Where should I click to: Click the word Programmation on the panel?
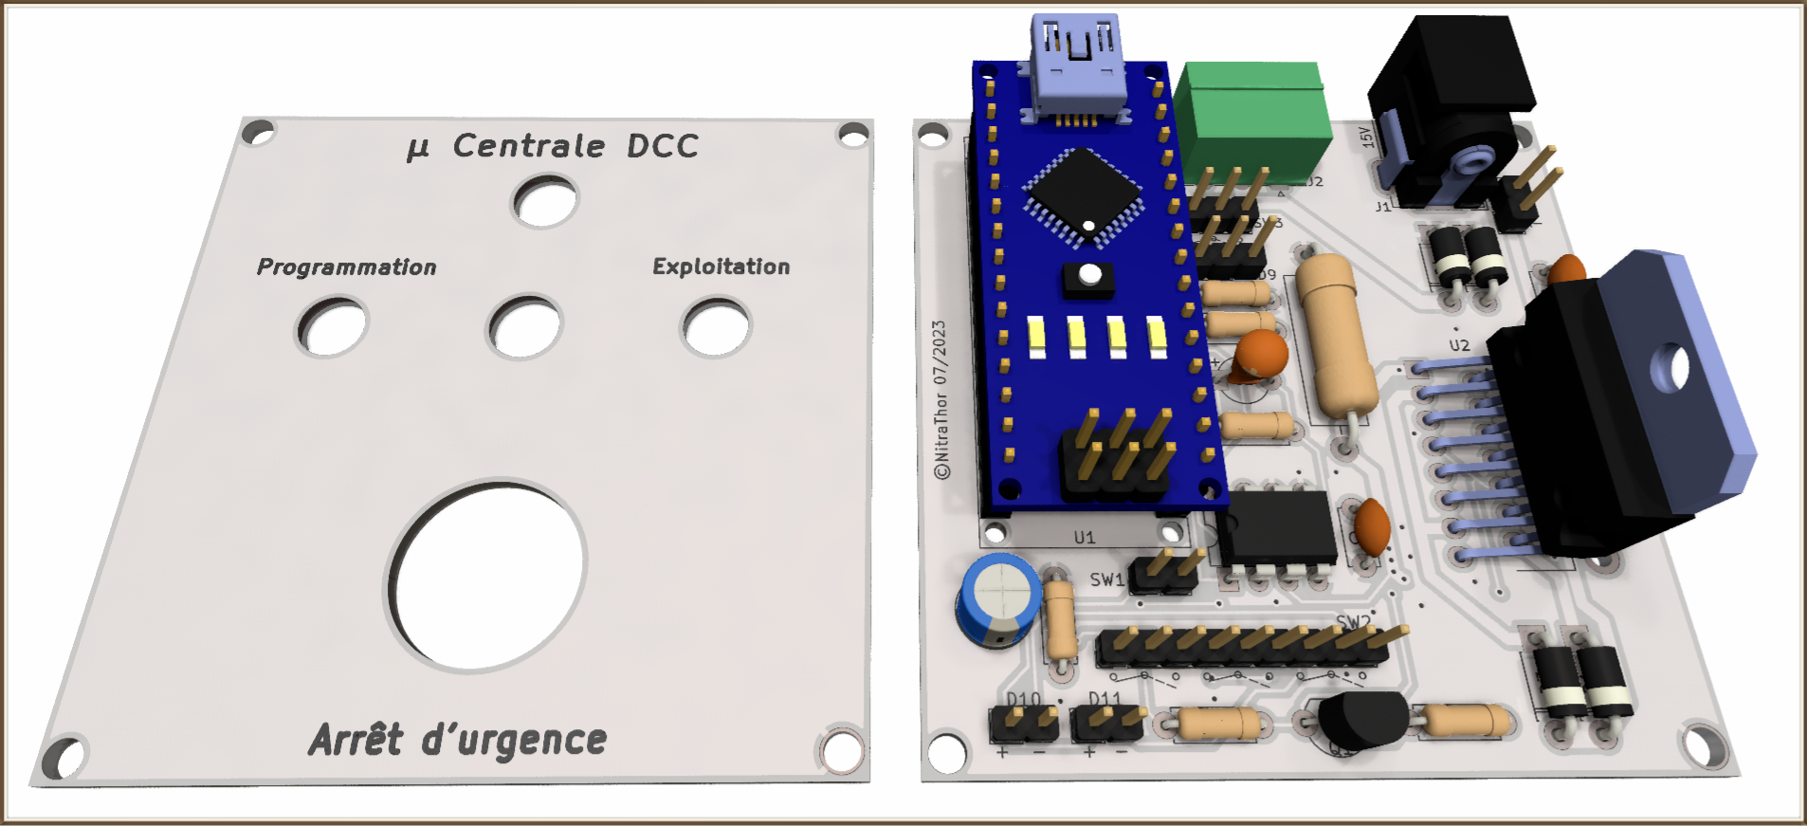346,267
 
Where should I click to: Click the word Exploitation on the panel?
721,266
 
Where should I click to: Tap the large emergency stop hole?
487,575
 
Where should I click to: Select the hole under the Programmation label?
332,327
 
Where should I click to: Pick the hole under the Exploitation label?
716,328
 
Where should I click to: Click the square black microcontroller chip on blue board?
1083,193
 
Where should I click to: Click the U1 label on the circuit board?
1085,538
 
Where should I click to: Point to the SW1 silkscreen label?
1105,579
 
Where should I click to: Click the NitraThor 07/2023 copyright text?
940,398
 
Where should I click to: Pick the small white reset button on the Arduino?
1090,275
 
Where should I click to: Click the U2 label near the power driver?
1459,345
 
